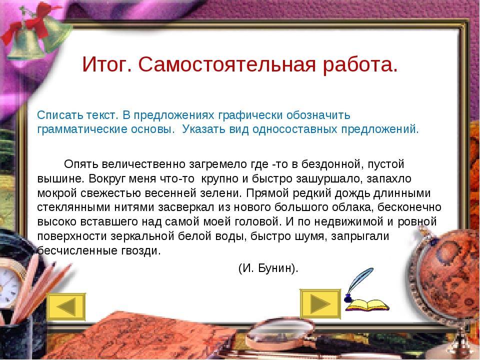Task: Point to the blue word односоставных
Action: (x=295, y=129)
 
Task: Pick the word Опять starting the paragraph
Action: (x=81, y=164)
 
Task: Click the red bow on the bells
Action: (x=29, y=25)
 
